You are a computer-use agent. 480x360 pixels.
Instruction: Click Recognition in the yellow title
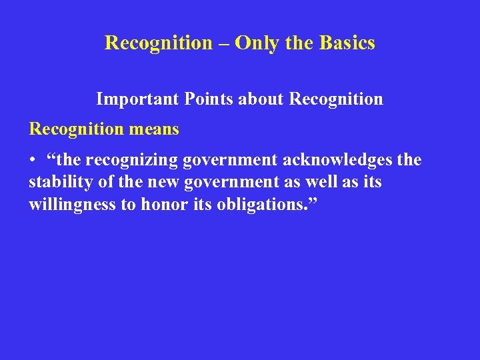158,43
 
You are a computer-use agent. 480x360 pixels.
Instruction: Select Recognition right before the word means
75,129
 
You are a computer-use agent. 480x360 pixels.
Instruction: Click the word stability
57,183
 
